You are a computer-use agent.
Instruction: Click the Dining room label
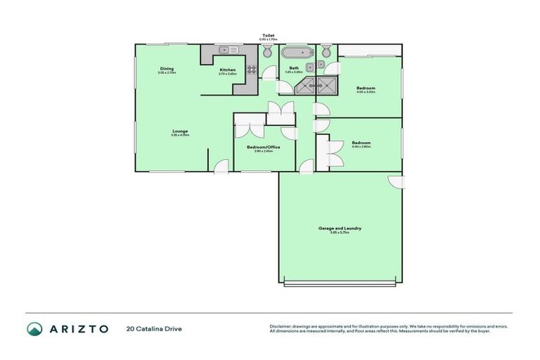tap(167, 68)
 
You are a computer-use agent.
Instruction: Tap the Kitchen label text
tap(227, 70)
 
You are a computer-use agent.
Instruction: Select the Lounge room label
tap(180, 131)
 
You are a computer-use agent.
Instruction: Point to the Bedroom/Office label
tap(264, 147)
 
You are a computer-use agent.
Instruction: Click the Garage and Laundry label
tap(340, 229)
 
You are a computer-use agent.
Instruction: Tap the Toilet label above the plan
tap(268, 34)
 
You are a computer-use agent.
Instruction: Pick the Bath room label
tap(294, 68)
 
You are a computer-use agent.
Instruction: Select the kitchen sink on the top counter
tap(228, 50)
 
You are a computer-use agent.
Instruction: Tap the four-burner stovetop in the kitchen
tap(251, 68)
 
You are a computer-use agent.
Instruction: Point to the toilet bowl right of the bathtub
tap(326, 52)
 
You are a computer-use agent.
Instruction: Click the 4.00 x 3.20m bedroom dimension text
tap(366, 92)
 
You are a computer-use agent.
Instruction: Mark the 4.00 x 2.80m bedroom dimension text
tap(361, 146)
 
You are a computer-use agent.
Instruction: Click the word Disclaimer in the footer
tap(281, 326)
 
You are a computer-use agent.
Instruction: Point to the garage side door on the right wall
tap(398, 181)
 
